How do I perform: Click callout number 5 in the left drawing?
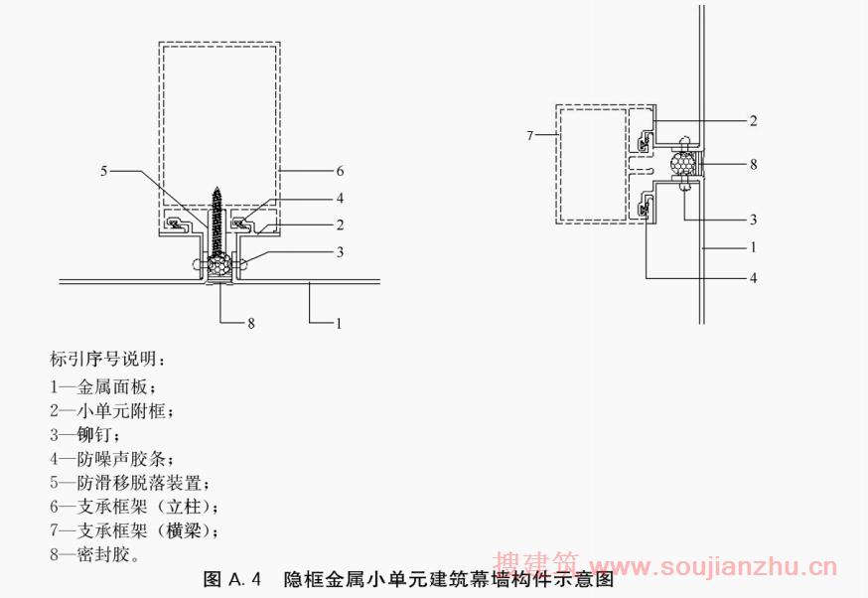[104, 170]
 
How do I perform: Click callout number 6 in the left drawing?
[339, 170]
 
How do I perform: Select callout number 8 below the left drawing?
[251, 322]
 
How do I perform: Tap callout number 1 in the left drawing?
[339, 322]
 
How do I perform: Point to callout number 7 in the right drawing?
[530, 133]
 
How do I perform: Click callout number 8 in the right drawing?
[754, 164]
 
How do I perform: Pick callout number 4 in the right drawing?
[754, 278]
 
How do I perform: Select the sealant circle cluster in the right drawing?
[682, 164]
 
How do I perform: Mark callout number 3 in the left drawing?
[339, 252]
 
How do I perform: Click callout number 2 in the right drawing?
[754, 121]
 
